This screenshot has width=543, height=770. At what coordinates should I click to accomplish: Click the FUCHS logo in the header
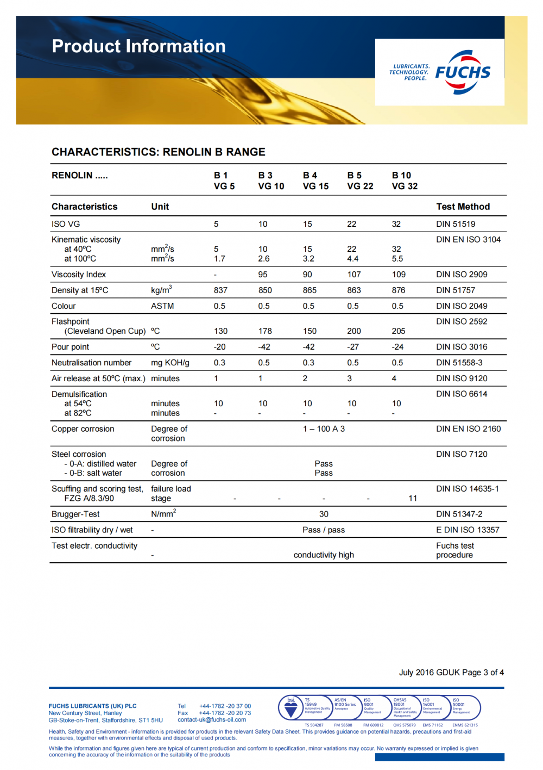pyautogui.click(x=463, y=72)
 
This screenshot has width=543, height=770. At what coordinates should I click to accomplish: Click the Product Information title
pyautogui.click(x=138, y=46)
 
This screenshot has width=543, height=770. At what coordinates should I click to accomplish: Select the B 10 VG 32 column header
pyautogui.click(x=405, y=181)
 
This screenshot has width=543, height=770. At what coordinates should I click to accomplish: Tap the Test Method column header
pyautogui.click(x=463, y=207)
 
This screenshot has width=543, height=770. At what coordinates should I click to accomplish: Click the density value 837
pyautogui.click(x=220, y=290)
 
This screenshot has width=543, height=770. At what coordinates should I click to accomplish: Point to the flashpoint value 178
pyautogui.click(x=265, y=331)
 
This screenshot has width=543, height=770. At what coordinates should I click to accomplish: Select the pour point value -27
pyautogui.click(x=353, y=347)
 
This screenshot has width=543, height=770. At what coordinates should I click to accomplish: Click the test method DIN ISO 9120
pyautogui.click(x=462, y=378)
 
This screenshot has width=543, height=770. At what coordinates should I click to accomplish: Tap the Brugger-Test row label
pyautogui.click(x=75, y=514)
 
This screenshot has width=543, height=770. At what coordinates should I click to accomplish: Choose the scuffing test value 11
pyautogui.click(x=413, y=499)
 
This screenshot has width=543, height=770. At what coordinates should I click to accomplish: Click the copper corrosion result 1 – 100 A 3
pyautogui.click(x=324, y=429)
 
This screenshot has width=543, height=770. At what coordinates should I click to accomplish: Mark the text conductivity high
pyautogui.click(x=324, y=555)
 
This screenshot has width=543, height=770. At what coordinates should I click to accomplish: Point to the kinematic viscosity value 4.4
pyautogui.click(x=352, y=259)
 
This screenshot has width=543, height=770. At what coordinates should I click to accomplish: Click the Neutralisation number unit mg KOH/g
pyautogui.click(x=170, y=363)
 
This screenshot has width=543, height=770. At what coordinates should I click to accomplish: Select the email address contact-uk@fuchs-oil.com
pyautogui.click(x=212, y=720)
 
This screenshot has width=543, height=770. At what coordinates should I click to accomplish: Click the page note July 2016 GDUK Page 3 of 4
pyautogui.click(x=451, y=673)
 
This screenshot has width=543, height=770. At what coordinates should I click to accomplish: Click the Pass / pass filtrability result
pyautogui.click(x=324, y=530)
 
